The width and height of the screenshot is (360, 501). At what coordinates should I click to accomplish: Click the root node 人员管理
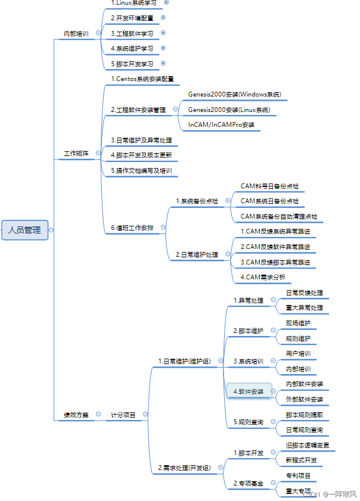point(24,229)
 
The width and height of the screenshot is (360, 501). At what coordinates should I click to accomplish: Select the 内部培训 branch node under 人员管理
point(76,34)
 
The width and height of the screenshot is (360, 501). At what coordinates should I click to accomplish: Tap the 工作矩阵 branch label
point(76,154)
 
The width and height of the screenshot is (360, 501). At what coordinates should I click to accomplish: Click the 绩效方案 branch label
point(76,415)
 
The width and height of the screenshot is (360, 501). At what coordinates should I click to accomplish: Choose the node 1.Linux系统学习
point(134,3)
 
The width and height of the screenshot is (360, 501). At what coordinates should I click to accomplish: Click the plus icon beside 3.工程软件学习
point(163,33)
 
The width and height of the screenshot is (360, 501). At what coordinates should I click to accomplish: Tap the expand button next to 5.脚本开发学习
point(163,63)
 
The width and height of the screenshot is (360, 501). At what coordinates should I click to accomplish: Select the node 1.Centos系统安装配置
point(142,79)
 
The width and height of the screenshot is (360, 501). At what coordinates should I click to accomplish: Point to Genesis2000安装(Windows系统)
point(234,94)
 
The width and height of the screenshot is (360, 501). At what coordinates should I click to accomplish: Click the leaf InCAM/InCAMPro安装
point(221,125)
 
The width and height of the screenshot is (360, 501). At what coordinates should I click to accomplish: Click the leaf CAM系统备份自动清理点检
point(278,216)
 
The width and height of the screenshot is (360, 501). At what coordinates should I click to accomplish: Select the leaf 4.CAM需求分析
point(263,277)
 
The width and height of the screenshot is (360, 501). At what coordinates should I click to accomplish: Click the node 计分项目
point(123,415)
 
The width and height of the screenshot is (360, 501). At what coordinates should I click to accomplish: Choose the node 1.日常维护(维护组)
point(184,360)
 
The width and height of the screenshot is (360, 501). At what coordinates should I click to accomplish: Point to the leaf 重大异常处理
point(304,307)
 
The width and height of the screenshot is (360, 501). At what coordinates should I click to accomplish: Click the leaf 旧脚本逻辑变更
point(307,445)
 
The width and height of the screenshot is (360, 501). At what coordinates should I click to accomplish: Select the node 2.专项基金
point(248,483)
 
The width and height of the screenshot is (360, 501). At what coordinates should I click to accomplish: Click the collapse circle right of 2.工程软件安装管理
point(175,109)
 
